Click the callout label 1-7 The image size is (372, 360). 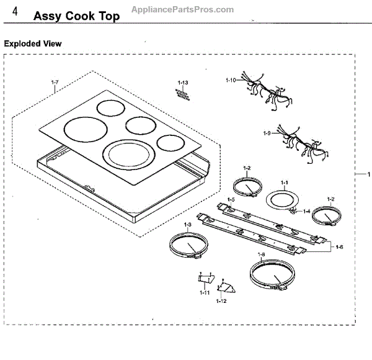tap(55, 83)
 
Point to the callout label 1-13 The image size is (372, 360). tap(182, 83)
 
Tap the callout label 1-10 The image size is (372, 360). tap(231, 81)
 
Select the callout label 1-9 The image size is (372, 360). tap(268, 133)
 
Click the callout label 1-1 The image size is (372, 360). tap(285, 182)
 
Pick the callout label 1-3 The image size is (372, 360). tap(187, 223)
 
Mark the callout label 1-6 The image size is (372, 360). tap(339, 246)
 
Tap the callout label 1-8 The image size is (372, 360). tap(261, 255)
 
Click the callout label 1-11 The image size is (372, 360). tap(203, 292)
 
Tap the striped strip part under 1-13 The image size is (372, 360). tap(182, 92)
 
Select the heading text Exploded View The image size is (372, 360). tap(33, 44)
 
